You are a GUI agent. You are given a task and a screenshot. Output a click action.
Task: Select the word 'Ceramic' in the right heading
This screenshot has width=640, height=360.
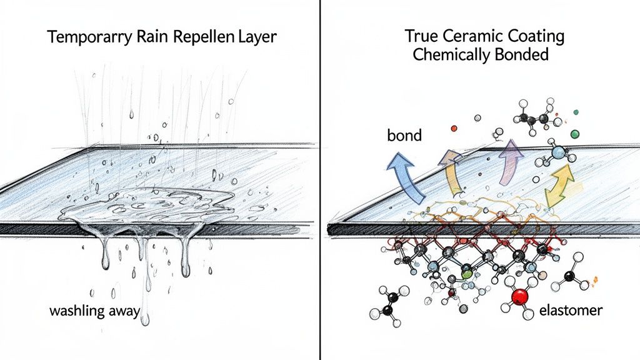point(464,36)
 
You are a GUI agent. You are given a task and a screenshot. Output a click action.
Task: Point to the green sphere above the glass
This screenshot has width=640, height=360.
point(575,133)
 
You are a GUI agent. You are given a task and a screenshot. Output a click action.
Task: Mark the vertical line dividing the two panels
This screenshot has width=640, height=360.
point(320,187)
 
